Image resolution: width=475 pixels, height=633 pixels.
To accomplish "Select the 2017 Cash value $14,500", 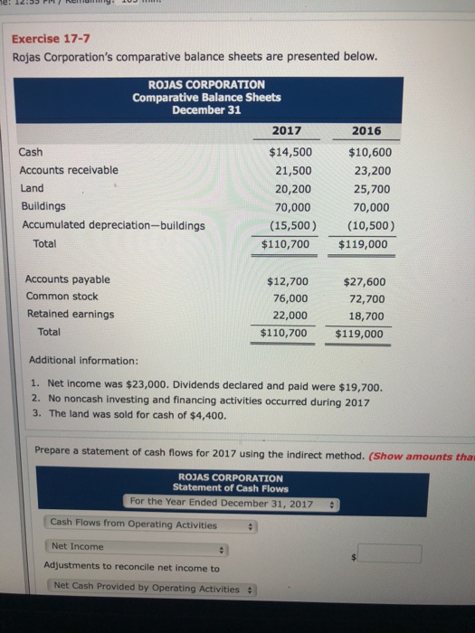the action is (291, 152).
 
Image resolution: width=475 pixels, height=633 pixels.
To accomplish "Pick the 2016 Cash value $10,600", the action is (369, 152).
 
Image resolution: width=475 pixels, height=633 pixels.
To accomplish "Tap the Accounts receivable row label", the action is (69, 170).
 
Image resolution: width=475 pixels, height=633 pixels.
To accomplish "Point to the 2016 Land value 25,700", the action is (372, 188).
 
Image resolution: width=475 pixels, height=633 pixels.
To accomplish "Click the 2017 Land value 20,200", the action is (294, 188).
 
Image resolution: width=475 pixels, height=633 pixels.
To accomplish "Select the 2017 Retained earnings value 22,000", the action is (290, 315).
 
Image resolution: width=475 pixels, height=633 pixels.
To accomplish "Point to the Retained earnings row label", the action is (71, 315).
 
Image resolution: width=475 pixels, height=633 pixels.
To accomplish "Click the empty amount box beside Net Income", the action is (387, 553).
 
